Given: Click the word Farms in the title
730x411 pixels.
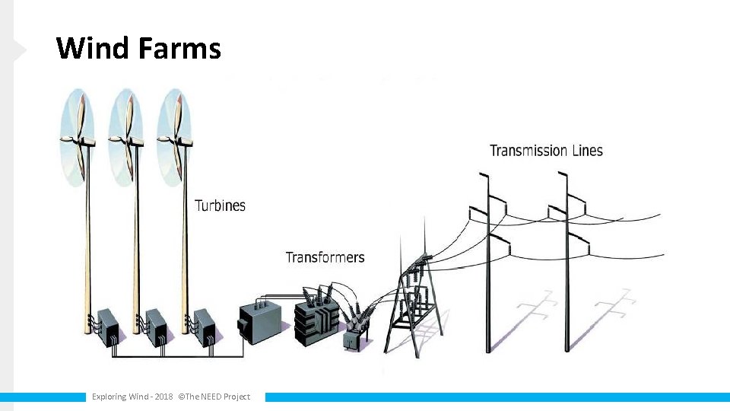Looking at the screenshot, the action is (x=179, y=49).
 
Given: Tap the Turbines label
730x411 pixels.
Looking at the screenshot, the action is (x=221, y=205).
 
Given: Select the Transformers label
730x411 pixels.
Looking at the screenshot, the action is (x=325, y=257).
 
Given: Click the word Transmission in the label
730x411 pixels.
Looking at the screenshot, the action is (x=529, y=151).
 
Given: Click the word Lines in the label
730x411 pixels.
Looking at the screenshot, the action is (x=586, y=151).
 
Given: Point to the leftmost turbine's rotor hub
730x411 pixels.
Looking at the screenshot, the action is (x=79, y=139).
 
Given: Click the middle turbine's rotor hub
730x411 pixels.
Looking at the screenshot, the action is (x=127, y=139).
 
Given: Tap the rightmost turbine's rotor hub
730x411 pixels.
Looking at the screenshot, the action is (x=175, y=139).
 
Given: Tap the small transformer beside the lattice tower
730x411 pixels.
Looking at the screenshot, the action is (x=353, y=339).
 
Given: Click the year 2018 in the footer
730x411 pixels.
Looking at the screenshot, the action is (x=163, y=397).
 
